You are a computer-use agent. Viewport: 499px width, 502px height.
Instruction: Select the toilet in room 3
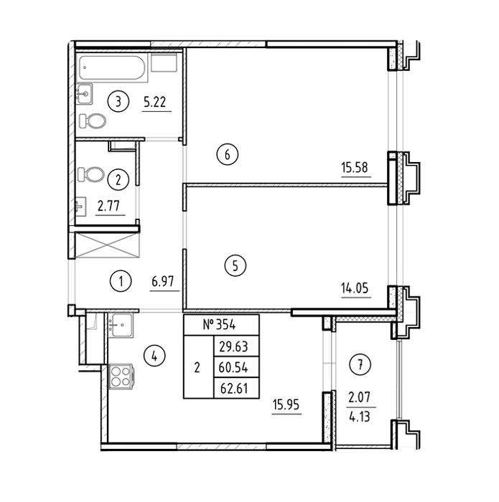tap(93, 121)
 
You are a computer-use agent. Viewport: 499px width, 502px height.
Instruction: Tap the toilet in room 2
tap(91, 174)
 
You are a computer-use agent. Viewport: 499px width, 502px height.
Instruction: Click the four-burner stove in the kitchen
tap(121, 376)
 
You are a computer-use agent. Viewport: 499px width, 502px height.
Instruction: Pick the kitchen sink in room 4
tap(121, 326)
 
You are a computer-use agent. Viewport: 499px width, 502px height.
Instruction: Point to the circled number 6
tap(227, 155)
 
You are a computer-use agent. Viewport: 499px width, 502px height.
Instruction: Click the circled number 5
tap(235, 265)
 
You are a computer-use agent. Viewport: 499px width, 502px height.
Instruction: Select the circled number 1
tap(121, 281)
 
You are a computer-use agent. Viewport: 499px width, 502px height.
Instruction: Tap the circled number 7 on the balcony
tap(360, 364)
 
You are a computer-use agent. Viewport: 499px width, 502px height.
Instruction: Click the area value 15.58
tap(355, 167)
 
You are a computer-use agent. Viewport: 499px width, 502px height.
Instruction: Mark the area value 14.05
tap(355, 288)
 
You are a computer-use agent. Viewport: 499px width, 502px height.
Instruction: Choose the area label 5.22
tap(155, 102)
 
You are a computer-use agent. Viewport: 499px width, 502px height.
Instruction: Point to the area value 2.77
tap(108, 206)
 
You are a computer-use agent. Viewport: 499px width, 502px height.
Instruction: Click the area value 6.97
tap(163, 282)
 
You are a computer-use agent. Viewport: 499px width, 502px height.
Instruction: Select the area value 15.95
tap(286, 404)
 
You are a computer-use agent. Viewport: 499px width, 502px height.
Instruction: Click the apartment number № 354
tap(220, 325)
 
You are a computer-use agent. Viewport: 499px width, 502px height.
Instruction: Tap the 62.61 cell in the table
tap(234, 389)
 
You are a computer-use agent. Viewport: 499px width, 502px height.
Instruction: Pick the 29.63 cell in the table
tap(233, 346)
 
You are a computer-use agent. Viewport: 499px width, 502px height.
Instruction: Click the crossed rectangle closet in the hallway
tap(107, 245)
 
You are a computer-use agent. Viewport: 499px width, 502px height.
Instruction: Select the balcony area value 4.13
tap(360, 417)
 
